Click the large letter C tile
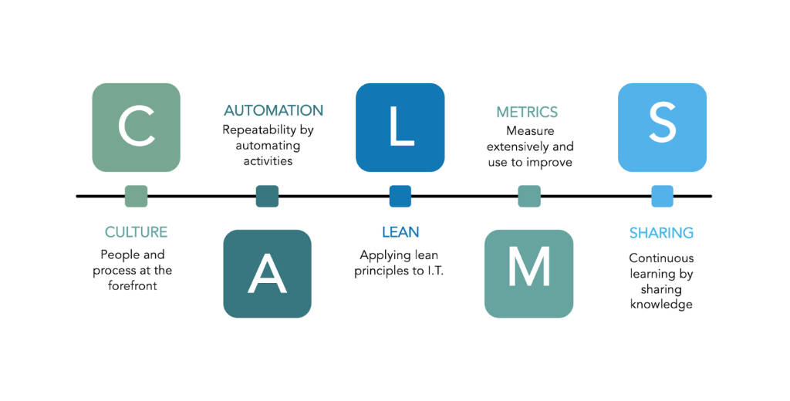click(x=136, y=127)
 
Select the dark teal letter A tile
click(x=267, y=274)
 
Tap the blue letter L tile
click(x=400, y=127)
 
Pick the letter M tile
click(x=528, y=274)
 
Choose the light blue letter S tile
click(x=662, y=127)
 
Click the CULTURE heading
click(x=136, y=232)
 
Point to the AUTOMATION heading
click(x=273, y=111)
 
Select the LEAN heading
click(x=400, y=232)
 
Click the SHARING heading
click(x=661, y=233)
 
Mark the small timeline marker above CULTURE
click(x=136, y=197)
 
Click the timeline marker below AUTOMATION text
click(x=267, y=197)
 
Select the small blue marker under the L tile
click(x=400, y=197)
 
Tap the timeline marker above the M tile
click(x=528, y=197)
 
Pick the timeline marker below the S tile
click(x=662, y=197)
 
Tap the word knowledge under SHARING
click(x=661, y=305)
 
